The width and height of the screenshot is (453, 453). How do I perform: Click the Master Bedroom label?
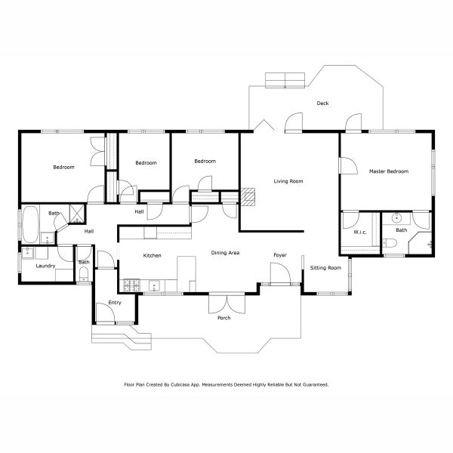coord(388,171)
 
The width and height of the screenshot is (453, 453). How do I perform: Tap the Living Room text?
coord(288,181)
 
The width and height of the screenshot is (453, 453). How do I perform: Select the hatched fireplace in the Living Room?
coord(249,196)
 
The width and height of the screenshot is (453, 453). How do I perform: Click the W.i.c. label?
coord(359,232)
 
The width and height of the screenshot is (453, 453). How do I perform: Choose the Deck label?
coord(322,103)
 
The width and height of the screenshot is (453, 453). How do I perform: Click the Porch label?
coord(223,318)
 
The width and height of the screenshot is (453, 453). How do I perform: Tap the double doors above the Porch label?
coord(226,302)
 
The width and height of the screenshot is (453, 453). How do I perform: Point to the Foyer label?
coord(280,255)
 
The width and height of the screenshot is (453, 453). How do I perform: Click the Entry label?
coord(115,303)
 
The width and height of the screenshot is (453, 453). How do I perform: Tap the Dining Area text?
coord(225,252)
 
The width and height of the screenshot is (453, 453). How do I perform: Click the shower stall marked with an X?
coord(76,212)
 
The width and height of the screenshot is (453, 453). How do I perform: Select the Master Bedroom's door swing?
coord(347,166)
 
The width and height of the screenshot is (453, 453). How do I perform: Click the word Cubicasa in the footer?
coord(199,384)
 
